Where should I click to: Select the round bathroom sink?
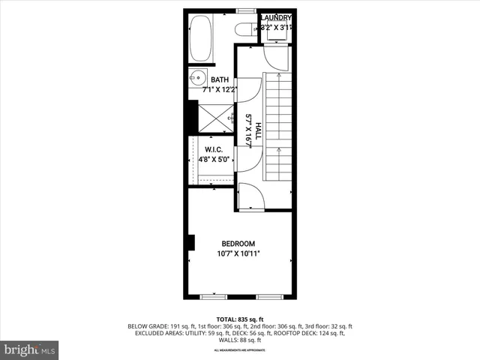pyautogui.click(x=199, y=76)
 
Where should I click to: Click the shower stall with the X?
pyautogui.click(x=216, y=118)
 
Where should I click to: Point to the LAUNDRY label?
pyautogui.click(x=275, y=17)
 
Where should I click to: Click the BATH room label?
pyautogui.click(x=220, y=80)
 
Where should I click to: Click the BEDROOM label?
pyautogui.click(x=238, y=244)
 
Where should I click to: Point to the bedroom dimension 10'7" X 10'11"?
pyautogui.click(x=238, y=253)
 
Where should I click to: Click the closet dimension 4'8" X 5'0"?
pyautogui.click(x=214, y=160)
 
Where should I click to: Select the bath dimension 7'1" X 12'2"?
pyautogui.click(x=220, y=90)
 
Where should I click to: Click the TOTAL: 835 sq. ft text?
pyautogui.click(x=239, y=319)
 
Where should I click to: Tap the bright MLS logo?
pyautogui.click(x=29, y=349)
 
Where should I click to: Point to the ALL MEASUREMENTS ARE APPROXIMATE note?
pyautogui.click(x=239, y=350)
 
